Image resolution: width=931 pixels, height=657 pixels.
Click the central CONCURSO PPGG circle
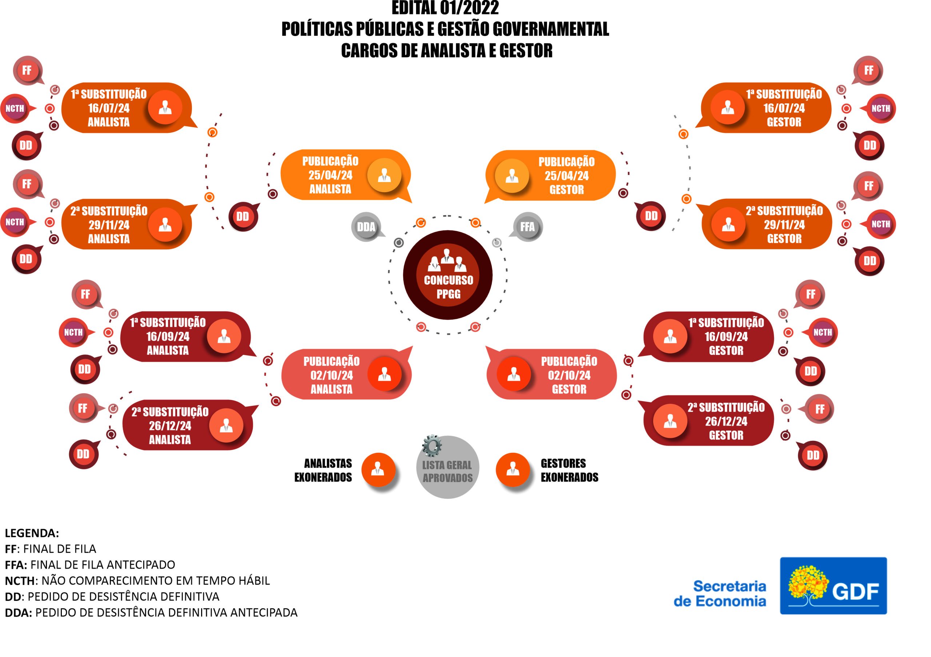pyautogui.click(x=447, y=275)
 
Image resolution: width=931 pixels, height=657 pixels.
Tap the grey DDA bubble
pyautogui.click(x=366, y=227)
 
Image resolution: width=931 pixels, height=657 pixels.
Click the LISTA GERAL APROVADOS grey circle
pyautogui.click(x=447, y=471)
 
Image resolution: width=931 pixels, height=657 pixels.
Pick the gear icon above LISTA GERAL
pyautogui.click(x=431, y=446)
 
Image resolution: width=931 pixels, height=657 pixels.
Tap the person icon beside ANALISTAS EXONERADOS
pyautogui.click(x=378, y=470)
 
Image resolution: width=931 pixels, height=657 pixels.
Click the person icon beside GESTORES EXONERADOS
pyautogui.click(x=512, y=470)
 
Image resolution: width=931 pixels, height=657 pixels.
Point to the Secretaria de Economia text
pyautogui.click(x=720, y=593)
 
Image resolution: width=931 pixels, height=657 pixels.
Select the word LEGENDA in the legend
pyautogui.click(x=32, y=533)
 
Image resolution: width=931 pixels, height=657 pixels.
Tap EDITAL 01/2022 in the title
pyautogui.click(x=445, y=8)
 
